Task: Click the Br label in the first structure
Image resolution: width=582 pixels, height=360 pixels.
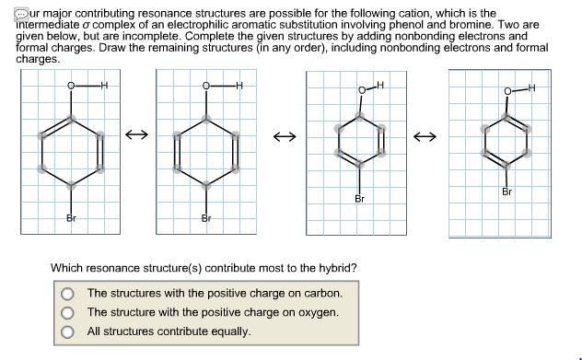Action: pos(71,218)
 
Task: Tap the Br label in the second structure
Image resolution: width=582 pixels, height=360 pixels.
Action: pos(206,218)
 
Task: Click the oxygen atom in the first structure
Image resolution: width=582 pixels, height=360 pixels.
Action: pos(71,87)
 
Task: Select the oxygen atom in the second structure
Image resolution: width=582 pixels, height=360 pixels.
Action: pos(206,87)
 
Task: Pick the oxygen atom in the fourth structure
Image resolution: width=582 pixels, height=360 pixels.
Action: pos(507,91)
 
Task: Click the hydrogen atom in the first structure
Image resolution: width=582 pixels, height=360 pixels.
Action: pos(104,87)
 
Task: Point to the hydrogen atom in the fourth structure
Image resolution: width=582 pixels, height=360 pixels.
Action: pos(531,87)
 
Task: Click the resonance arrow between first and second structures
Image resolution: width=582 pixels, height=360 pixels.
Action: pos(136,136)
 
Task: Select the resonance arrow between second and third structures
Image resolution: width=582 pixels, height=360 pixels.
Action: pos(284,138)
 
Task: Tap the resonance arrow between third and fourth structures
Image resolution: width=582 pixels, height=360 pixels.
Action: pos(423,137)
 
